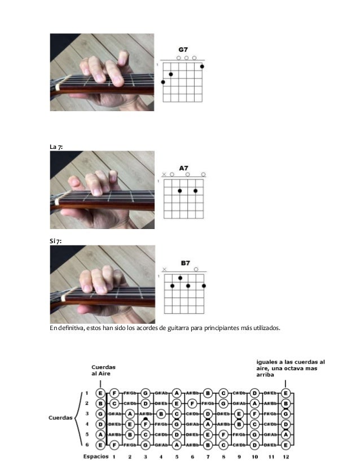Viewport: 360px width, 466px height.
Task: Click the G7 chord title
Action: [183, 50]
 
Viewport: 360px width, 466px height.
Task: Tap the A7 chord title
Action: [183, 168]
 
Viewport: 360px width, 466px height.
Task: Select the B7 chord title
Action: [186, 263]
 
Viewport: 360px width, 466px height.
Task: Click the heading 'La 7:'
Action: [56, 147]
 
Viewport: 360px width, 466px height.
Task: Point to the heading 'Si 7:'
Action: [56, 241]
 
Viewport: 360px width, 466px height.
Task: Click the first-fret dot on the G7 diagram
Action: [202, 67]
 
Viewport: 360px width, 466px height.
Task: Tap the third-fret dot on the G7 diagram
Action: [163, 82]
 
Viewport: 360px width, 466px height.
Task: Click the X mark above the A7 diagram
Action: [164, 175]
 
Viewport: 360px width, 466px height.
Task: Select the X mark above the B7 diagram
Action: [164, 270]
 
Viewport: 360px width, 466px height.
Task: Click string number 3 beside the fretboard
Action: [87, 413]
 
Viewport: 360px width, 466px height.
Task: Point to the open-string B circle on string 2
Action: [100, 403]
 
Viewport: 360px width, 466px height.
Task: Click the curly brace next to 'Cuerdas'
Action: [77, 418]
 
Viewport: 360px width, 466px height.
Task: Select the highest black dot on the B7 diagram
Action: [179, 278]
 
